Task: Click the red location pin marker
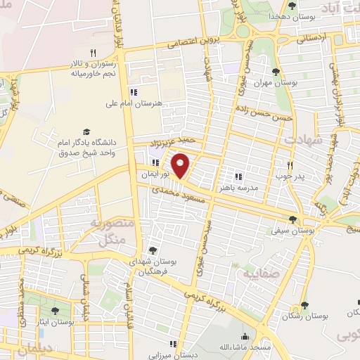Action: tap(181, 166)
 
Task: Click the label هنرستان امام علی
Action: tap(134, 103)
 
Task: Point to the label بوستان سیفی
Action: tap(295, 230)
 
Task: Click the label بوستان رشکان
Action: tap(304, 317)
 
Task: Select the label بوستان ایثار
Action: tap(56, 322)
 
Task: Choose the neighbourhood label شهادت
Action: tap(303, 139)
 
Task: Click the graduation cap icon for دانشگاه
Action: tap(86, 131)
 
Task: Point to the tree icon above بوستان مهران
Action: tap(275, 72)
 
